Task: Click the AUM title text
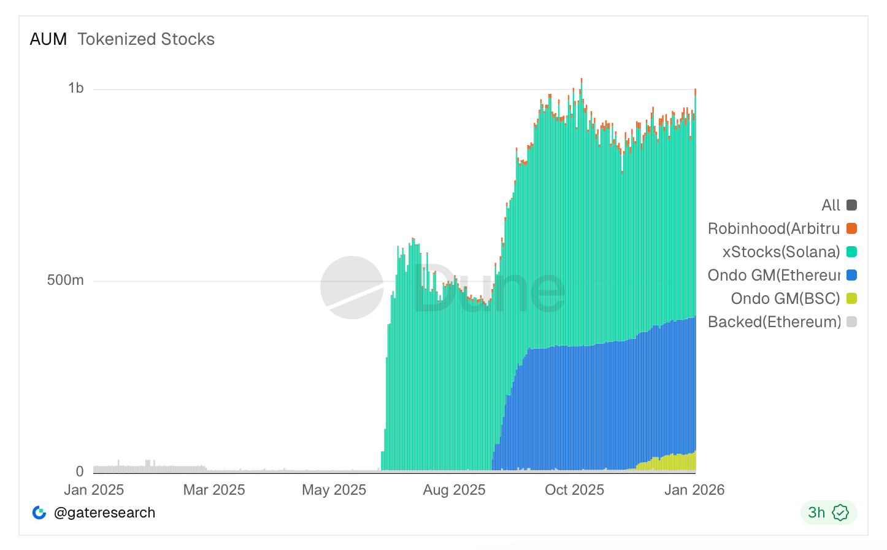pyautogui.click(x=48, y=39)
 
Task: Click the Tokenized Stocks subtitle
pyautogui.click(x=146, y=39)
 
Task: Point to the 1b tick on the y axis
pyautogui.click(x=76, y=88)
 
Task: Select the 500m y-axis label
pyautogui.click(x=66, y=281)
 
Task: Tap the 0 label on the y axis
pyautogui.click(x=80, y=471)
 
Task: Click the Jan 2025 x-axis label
pyautogui.click(x=94, y=490)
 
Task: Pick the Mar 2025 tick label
pyautogui.click(x=214, y=490)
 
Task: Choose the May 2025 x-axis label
pyautogui.click(x=334, y=490)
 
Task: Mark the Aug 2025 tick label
pyautogui.click(x=454, y=490)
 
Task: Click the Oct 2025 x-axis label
pyautogui.click(x=574, y=490)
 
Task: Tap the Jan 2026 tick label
pyautogui.click(x=694, y=490)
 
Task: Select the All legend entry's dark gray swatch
pyautogui.click(x=851, y=205)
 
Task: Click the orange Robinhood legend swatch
pyautogui.click(x=851, y=228)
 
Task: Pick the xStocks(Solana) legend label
pyautogui.click(x=781, y=252)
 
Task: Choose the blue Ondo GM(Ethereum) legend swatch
pyautogui.click(x=851, y=275)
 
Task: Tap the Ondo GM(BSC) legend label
pyautogui.click(x=785, y=298)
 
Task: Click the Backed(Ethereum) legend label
pyautogui.click(x=774, y=322)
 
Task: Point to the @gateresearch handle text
pyautogui.click(x=104, y=513)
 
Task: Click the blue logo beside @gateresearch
pyautogui.click(x=39, y=513)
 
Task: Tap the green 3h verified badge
pyautogui.click(x=828, y=513)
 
